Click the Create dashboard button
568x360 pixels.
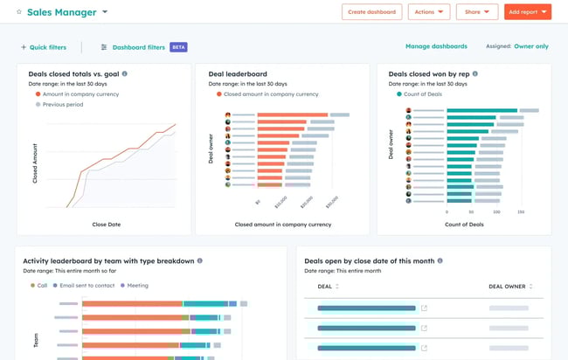coord(371,12)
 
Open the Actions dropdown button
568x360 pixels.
coord(428,12)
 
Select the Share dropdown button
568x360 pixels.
coord(476,12)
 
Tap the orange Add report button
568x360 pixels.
coord(528,12)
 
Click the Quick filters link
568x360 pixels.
coord(45,47)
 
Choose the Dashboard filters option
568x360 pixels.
coord(138,47)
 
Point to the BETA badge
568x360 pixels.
coord(178,47)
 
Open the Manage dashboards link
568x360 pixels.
coord(436,46)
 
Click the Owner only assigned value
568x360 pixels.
coord(531,46)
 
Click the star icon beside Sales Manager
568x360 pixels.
coord(19,12)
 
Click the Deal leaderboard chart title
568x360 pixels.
coord(237,74)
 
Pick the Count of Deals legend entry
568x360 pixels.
coord(426,93)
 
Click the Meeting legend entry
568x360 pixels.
coord(136,285)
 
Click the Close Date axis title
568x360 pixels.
coord(106,225)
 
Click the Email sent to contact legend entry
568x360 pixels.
coord(84,285)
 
